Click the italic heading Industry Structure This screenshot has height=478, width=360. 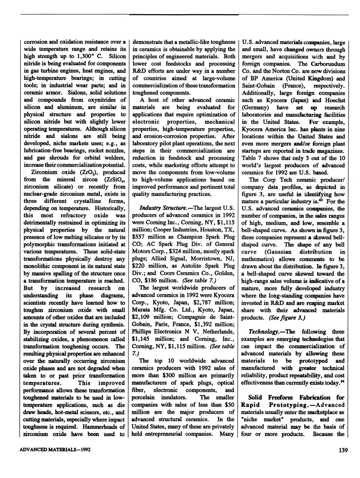[158, 208]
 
